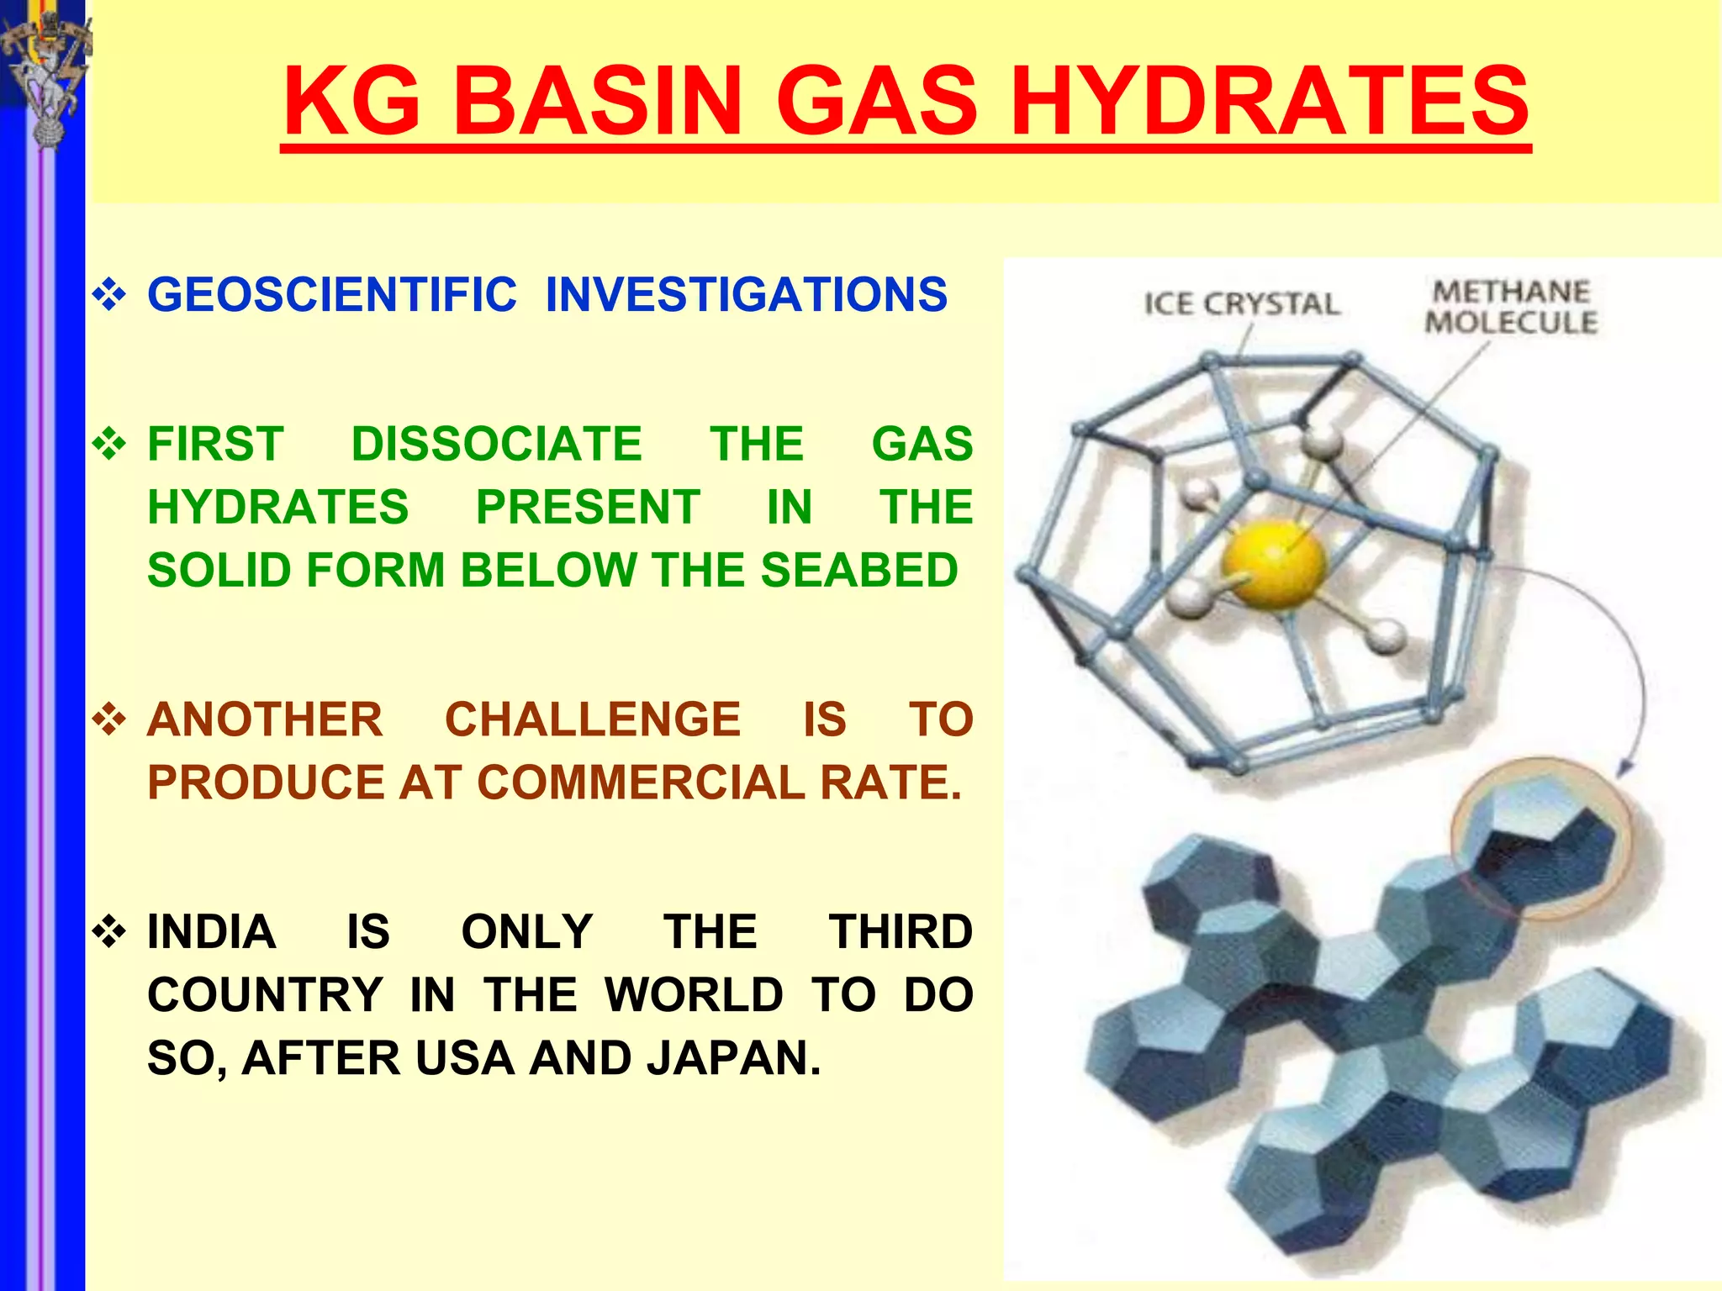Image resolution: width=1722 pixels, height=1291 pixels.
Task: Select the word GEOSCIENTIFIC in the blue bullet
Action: click(332, 295)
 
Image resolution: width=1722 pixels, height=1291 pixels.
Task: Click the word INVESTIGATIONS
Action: click(747, 295)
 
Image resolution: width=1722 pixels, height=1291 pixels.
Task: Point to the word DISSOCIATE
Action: click(497, 444)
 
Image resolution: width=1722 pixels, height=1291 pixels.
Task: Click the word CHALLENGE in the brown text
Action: click(593, 719)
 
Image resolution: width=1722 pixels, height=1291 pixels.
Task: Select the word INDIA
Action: click(212, 931)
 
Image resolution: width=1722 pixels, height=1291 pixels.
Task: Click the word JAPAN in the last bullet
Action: click(733, 1057)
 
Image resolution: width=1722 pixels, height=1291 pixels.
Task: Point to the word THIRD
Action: click(901, 931)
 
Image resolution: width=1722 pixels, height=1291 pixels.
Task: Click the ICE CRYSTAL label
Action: click(1242, 303)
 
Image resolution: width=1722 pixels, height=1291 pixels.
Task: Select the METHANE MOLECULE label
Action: click(1511, 307)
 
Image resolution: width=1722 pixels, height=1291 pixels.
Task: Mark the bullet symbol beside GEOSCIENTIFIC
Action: click(109, 295)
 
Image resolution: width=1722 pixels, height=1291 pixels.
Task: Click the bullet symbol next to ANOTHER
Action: click(109, 719)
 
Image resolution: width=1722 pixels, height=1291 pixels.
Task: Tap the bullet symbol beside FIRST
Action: click(109, 444)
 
